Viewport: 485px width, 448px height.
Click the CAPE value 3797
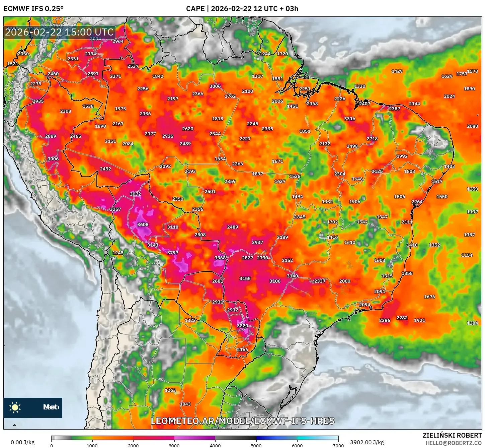[x=173, y=253]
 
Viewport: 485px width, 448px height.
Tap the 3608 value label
[x=143, y=225]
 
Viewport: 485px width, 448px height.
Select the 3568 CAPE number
[x=220, y=258]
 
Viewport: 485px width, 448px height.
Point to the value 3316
[x=349, y=119]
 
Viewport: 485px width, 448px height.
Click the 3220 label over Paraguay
[x=242, y=326]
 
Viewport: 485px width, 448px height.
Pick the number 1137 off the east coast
[x=472, y=212]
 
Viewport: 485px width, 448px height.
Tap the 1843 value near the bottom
[x=185, y=404]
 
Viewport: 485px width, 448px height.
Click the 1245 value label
[x=118, y=253]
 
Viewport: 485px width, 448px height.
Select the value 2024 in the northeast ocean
[x=449, y=96]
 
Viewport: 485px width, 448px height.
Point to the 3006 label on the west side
[x=53, y=159]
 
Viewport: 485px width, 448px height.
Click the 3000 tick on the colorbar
[x=174, y=445]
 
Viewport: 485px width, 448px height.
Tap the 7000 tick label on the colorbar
[x=338, y=445]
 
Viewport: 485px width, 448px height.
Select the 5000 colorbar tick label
[x=256, y=445]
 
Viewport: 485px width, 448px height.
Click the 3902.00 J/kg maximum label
[x=367, y=442]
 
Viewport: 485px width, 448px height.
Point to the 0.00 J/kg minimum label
[x=22, y=442]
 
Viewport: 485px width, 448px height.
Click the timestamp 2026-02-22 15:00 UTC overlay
[x=59, y=32]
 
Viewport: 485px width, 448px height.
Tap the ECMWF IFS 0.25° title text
[x=33, y=8]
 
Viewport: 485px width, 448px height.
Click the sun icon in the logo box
[x=15, y=407]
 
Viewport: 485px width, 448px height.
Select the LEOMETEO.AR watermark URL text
[x=242, y=421]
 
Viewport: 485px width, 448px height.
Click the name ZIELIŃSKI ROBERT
[x=452, y=435]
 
